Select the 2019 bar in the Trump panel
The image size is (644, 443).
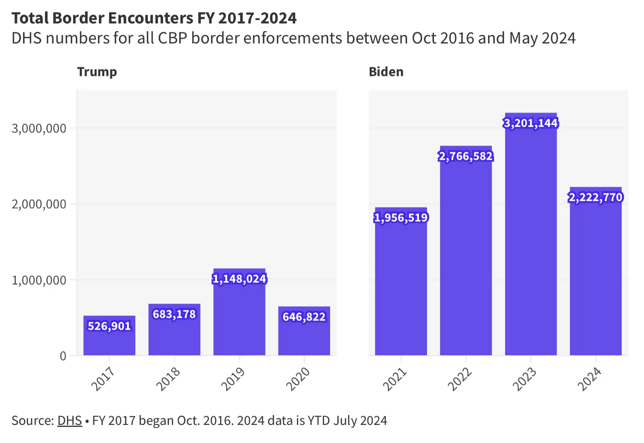tap(239, 318)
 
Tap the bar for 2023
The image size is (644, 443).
tap(530, 241)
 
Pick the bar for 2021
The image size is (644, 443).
tap(400, 290)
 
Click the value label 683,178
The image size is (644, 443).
tap(174, 314)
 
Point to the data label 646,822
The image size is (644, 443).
tap(304, 317)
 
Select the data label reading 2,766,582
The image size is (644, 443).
tap(466, 156)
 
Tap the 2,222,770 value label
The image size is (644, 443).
tap(595, 197)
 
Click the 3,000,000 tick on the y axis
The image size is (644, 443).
tap(39, 128)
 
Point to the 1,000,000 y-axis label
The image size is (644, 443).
tap(39, 280)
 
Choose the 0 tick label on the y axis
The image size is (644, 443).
tap(63, 356)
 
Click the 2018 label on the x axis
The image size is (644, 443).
tap(168, 379)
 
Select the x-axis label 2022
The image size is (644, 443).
tap(460, 379)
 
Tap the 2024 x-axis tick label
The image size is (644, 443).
tap(590, 379)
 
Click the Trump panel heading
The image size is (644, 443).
tap(97, 72)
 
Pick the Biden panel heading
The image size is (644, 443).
tap(386, 72)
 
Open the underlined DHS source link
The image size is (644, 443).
tap(70, 420)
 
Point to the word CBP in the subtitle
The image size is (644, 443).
tap(172, 38)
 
